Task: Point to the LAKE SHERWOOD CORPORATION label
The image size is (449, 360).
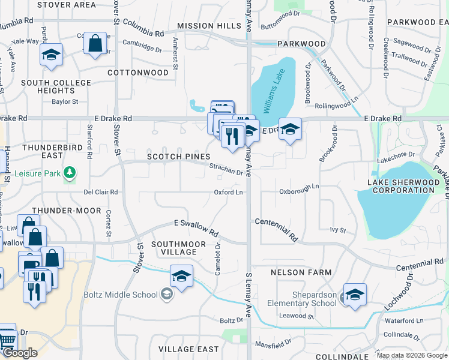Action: (402, 186)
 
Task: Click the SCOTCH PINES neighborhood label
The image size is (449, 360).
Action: (179, 157)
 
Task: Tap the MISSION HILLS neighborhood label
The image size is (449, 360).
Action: (209, 26)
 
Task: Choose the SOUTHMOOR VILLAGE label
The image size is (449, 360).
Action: (178, 248)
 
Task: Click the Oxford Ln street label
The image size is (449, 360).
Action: (229, 193)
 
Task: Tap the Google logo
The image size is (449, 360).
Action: (19, 353)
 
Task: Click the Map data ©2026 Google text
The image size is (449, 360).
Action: (412, 355)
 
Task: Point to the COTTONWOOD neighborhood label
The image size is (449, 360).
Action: (137, 72)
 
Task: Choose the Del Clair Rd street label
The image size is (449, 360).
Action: (101, 193)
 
